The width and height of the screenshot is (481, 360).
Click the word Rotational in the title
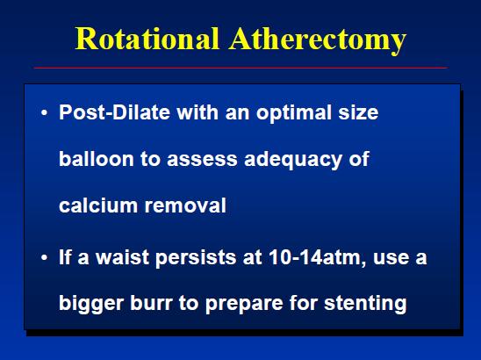(147, 39)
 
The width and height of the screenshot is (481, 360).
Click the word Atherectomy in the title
(318, 40)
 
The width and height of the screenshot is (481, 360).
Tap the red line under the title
(240, 68)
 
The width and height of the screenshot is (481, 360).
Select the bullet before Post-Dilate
(44, 112)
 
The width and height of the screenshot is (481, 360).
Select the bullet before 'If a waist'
(44, 257)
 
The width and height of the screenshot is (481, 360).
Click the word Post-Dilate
(114, 112)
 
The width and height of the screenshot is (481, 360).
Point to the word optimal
(294, 113)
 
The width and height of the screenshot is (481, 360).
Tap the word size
(358, 112)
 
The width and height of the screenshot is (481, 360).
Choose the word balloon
(97, 158)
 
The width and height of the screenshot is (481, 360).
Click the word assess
(202, 160)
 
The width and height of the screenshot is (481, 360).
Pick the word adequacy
(293, 160)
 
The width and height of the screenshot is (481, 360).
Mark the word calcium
(98, 205)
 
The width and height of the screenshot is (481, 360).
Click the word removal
(185, 205)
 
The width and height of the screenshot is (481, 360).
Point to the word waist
(123, 257)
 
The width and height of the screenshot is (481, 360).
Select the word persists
(196, 258)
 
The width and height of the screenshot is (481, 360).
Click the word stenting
(365, 304)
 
